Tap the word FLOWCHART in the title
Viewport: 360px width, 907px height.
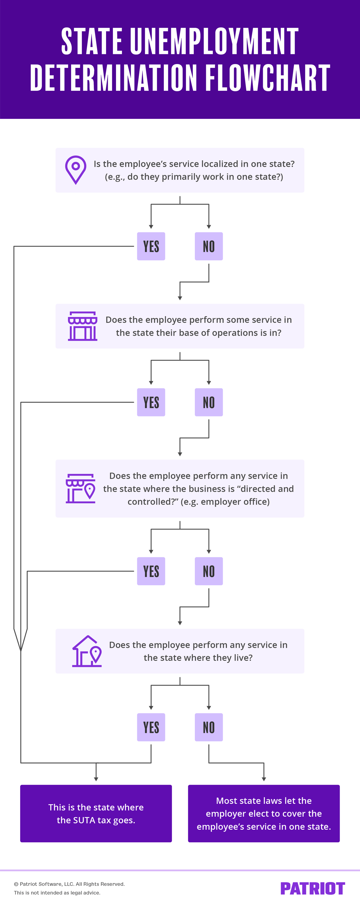point(267,78)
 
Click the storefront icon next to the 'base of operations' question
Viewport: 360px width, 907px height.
point(82,326)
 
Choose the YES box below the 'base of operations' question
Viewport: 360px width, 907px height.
point(151,402)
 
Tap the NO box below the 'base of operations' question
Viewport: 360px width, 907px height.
point(209,402)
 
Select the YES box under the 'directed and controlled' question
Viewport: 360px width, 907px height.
point(151,571)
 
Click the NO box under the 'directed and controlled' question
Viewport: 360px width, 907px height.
point(209,571)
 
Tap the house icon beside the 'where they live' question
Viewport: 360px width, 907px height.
point(87,651)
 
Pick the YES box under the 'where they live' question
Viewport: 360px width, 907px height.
point(151,727)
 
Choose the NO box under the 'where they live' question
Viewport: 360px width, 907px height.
point(209,727)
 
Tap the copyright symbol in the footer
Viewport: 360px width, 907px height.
point(16,884)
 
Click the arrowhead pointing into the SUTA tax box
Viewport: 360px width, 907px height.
point(96,779)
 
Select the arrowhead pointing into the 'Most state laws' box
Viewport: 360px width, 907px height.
point(264,779)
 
